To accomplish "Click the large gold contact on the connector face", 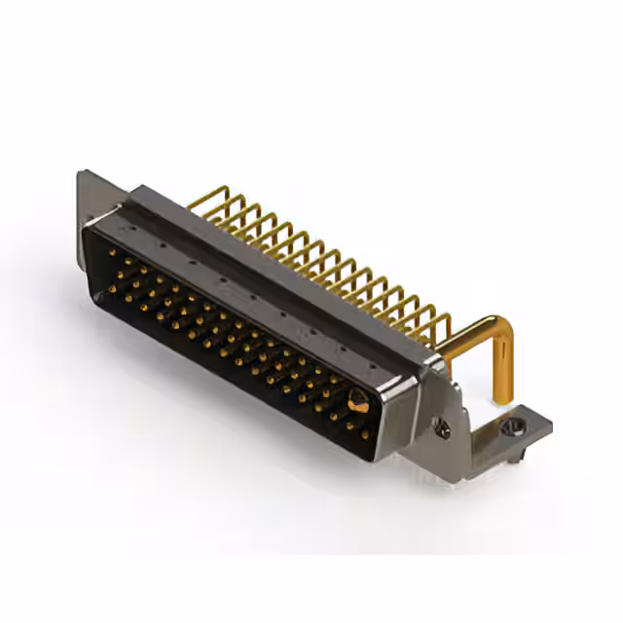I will point(358,400).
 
